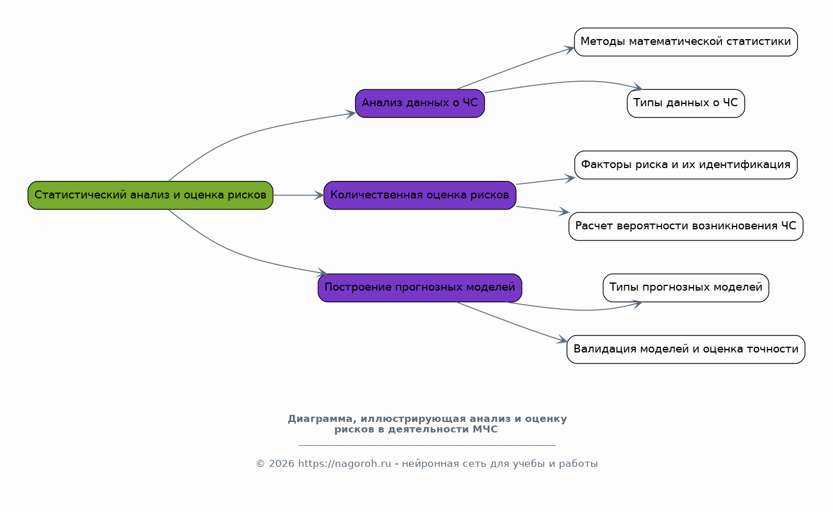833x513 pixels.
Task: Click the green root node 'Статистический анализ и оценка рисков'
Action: (x=150, y=196)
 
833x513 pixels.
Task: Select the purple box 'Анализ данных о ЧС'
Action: (x=420, y=103)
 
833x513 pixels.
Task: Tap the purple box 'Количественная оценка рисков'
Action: (x=420, y=196)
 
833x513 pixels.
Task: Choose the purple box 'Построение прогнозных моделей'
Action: (x=420, y=288)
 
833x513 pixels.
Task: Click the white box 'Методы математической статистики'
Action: (x=686, y=42)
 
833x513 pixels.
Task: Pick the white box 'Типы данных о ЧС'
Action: (x=686, y=103)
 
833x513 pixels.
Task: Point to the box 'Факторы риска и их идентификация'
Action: (x=686, y=165)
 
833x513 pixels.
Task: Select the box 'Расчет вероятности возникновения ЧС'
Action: (x=686, y=226)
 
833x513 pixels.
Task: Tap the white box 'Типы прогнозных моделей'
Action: (x=686, y=288)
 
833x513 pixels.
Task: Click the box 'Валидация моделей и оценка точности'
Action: (x=686, y=350)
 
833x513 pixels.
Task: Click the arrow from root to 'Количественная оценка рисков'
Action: (x=299, y=196)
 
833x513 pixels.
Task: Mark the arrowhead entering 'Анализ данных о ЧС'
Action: (x=351, y=113)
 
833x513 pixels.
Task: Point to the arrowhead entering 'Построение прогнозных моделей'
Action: (x=322, y=273)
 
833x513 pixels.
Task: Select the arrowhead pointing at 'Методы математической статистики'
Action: (x=569, y=49)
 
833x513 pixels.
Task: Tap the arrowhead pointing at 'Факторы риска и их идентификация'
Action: (x=570, y=179)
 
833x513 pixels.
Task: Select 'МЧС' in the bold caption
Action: (x=485, y=430)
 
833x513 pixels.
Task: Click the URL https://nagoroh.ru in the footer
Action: (x=344, y=463)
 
